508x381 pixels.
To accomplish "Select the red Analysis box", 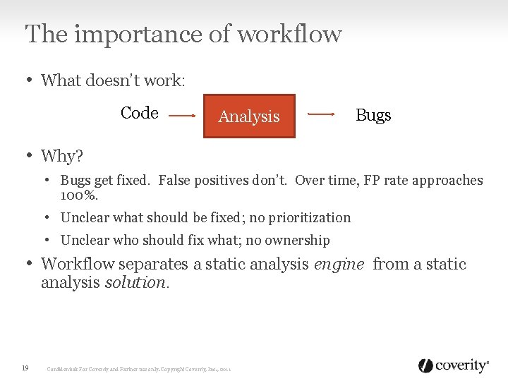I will [249, 116].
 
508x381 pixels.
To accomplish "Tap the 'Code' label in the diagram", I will [139, 113].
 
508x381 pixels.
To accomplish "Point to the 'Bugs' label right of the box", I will [373, 115].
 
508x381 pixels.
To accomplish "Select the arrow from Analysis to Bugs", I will [322, 114].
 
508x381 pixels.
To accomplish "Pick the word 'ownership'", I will [296, 241].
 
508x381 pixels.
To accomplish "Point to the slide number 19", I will [25, 368].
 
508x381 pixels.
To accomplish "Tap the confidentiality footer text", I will [139, 368].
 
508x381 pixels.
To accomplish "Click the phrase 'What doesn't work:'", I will [113, 80].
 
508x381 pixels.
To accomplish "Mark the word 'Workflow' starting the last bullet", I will [78, 265].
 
